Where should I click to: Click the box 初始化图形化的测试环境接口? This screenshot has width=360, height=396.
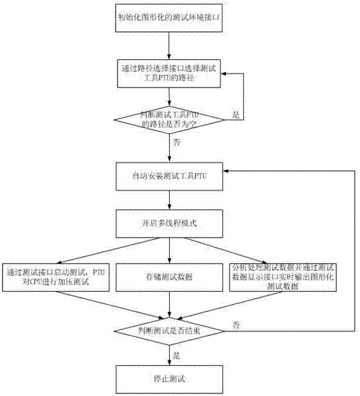169,18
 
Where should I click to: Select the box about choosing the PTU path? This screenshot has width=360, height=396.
169,73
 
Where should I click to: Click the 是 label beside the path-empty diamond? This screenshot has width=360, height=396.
236,115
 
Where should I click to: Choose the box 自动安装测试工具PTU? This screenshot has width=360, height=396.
169,174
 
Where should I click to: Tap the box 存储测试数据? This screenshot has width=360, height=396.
169,277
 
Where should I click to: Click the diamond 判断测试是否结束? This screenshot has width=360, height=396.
169,330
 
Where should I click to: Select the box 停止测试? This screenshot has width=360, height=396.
169,378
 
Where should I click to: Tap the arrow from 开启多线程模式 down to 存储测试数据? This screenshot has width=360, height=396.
169,250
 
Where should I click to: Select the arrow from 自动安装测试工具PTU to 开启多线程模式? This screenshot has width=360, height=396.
169,200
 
